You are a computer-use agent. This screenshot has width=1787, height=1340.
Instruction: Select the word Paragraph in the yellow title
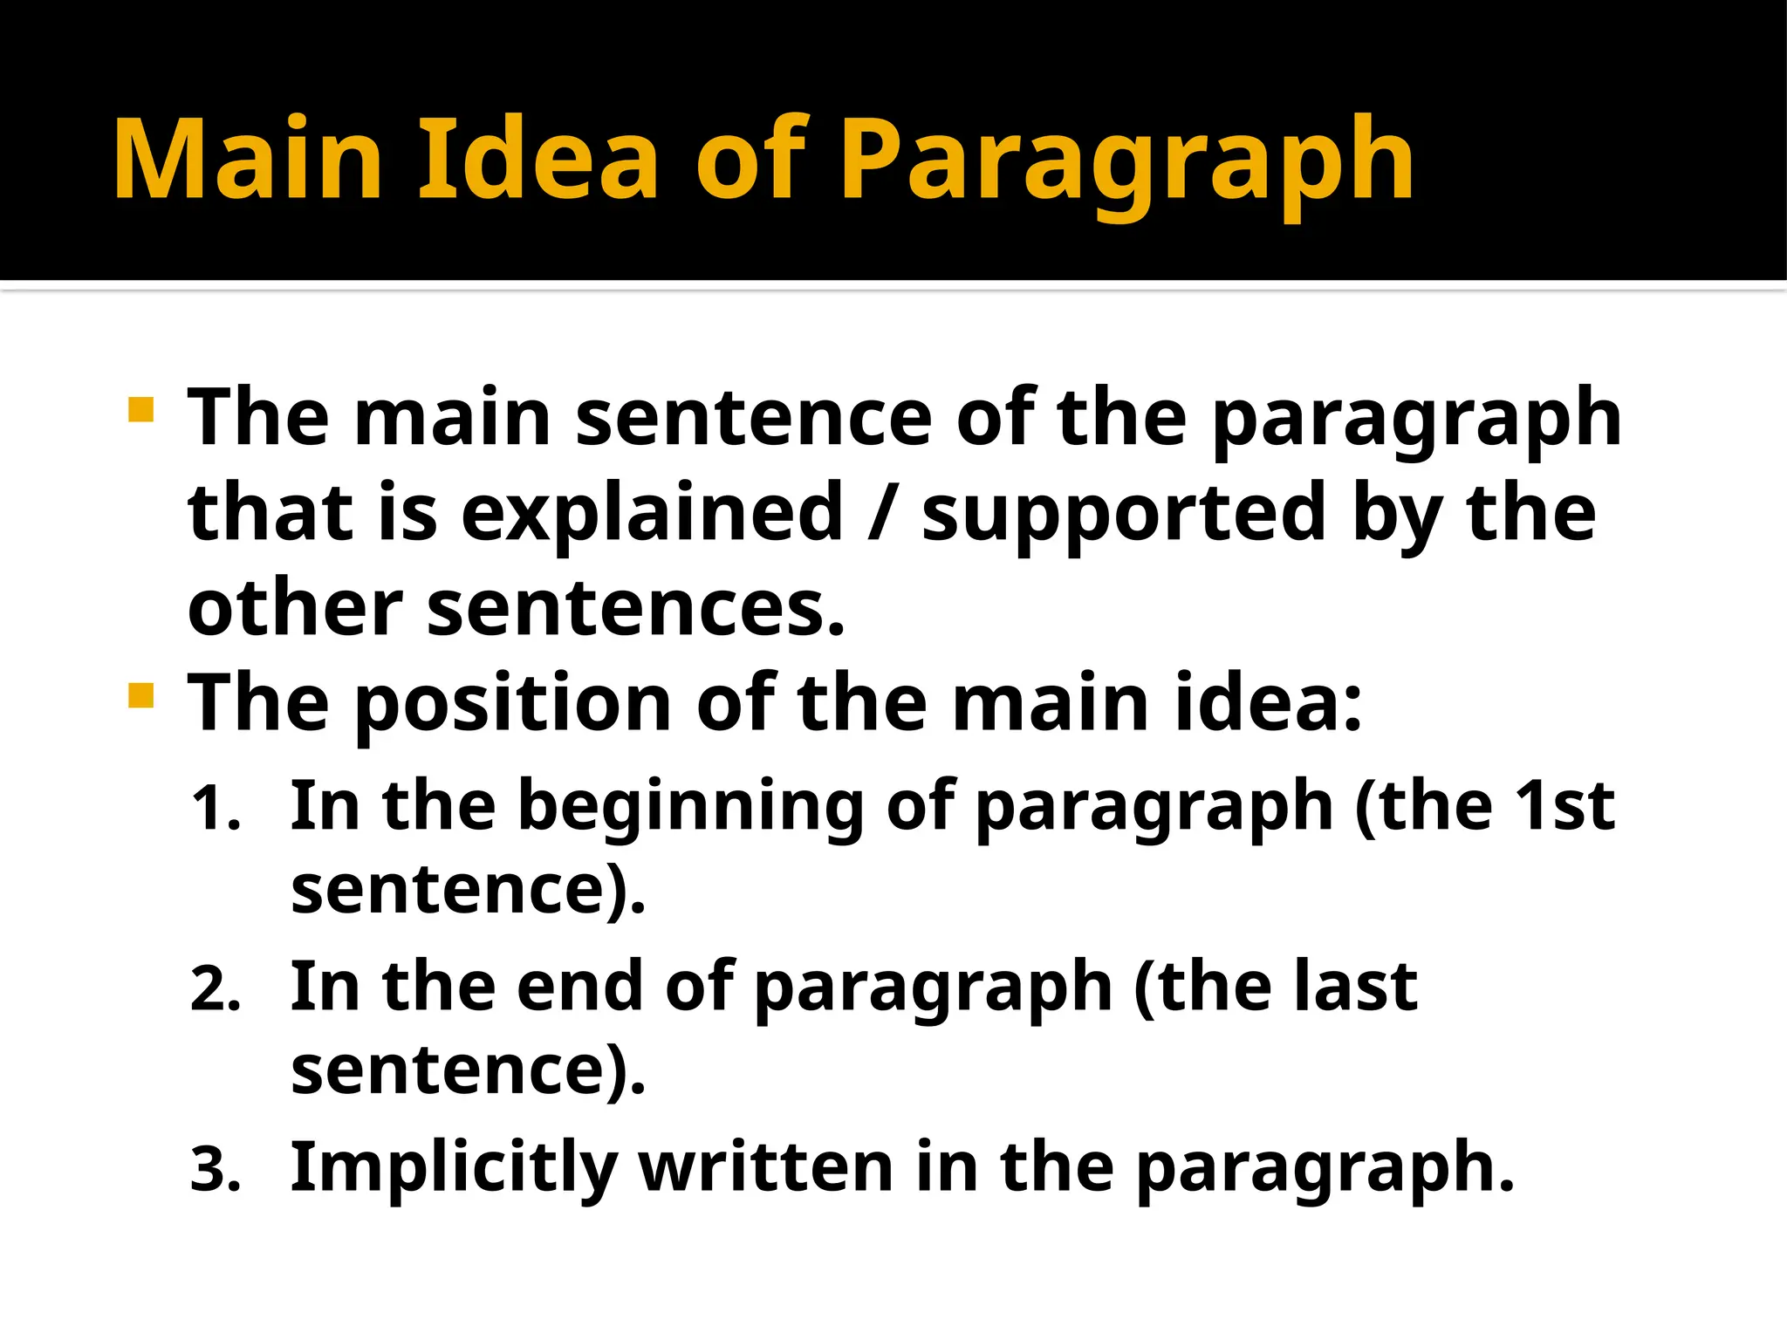[x=1127, y=166]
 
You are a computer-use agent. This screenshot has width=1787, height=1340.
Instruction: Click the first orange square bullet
[x=140, y=409]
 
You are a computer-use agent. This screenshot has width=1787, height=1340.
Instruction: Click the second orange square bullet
[x=140, y=695]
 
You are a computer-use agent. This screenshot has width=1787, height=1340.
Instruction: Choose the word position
[x=513, y=705]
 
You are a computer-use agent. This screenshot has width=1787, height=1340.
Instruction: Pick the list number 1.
[x=215, y=809]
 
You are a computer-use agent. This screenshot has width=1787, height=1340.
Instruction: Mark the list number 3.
[x=215, y=1171]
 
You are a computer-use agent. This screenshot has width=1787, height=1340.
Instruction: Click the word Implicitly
[x=454, y=1170]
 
